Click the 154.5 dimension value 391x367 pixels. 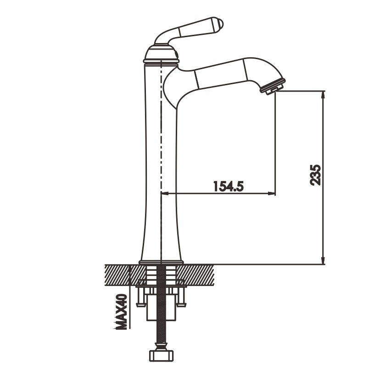pos(229,186)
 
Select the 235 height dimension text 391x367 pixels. pos(315,175)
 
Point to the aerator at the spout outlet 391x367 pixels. pos(273,86)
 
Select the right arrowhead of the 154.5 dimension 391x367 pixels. pos(271,193)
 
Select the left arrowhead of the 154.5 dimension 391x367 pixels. pos(166,193)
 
